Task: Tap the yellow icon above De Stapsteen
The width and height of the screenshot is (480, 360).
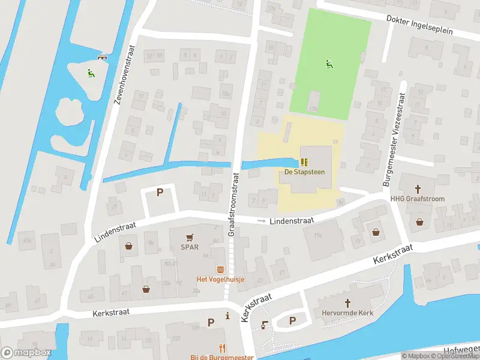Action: coord(304,162)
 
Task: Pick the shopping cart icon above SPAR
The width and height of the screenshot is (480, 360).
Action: coord(190,237)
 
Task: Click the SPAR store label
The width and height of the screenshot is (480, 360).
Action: coord(190,247)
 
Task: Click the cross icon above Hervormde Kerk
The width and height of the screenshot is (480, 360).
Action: coord(347,304)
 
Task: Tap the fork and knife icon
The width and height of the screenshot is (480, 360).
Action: coord(222,347)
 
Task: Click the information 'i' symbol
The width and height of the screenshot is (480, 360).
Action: coord(227,316)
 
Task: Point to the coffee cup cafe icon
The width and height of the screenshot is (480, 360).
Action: coord(265,325)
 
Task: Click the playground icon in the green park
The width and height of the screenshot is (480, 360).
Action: coord(328,64)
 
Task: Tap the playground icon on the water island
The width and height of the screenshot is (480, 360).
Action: coord(90,73)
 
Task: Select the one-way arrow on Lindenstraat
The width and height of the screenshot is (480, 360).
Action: coord(260,221)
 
